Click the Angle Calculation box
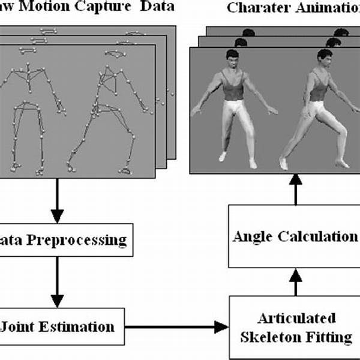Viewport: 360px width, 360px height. (294, 236)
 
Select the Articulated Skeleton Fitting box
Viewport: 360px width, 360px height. (296, 327)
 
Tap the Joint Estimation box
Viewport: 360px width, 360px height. (60, 327)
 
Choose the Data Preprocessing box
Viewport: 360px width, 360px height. (66, 241)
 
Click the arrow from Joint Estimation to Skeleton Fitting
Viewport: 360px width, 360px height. (177, 327)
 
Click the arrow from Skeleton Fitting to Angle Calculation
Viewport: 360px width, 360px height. (295, 281)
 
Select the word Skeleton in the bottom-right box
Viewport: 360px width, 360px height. (269, 337)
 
